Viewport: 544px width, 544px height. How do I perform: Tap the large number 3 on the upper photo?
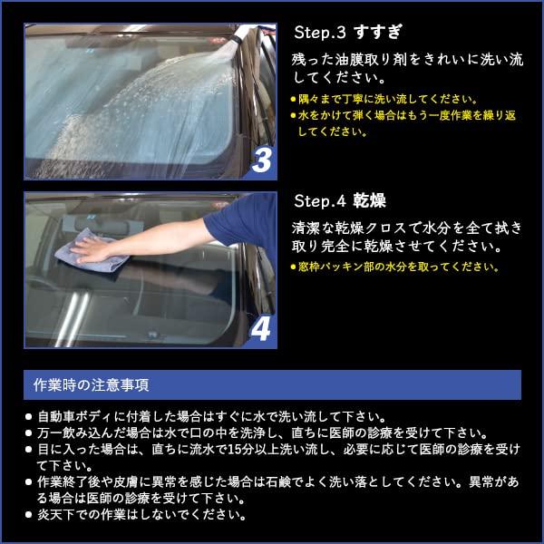262,160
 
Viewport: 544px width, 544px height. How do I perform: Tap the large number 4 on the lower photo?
260,328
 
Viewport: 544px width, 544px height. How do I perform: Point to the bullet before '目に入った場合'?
29,449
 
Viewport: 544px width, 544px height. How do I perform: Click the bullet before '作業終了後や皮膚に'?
29,481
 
